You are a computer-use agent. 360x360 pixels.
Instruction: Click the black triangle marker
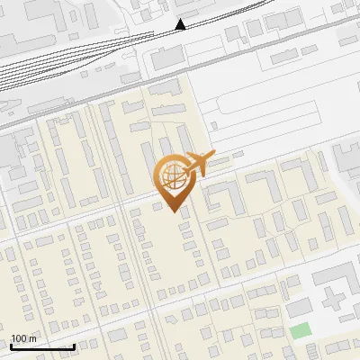pos(181,24)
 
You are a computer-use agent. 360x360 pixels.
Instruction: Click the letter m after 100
pos(32,338)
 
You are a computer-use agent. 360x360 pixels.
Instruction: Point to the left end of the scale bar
pos(11,346)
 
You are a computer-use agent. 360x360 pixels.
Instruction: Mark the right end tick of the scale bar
pos(74,346)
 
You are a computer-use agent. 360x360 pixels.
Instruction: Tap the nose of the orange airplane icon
pos(215,155)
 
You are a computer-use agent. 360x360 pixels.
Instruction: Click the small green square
pos(300,330)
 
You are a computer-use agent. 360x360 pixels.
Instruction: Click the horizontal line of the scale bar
pos(42,347)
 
